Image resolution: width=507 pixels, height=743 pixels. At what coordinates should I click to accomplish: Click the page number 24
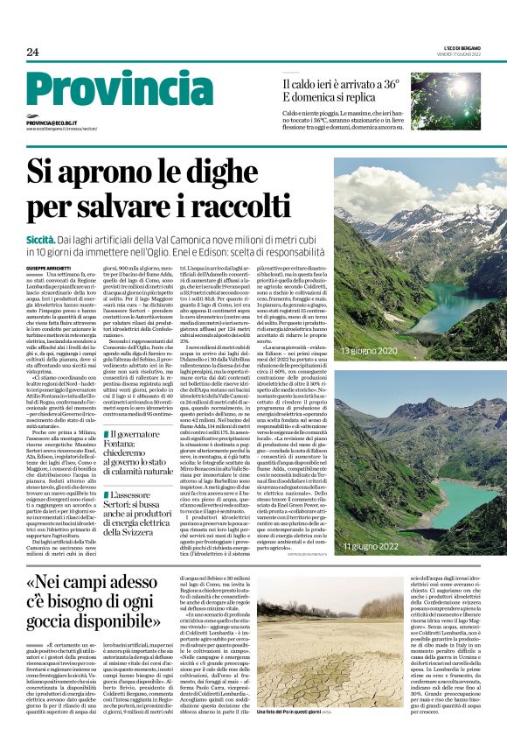point(32,52)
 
